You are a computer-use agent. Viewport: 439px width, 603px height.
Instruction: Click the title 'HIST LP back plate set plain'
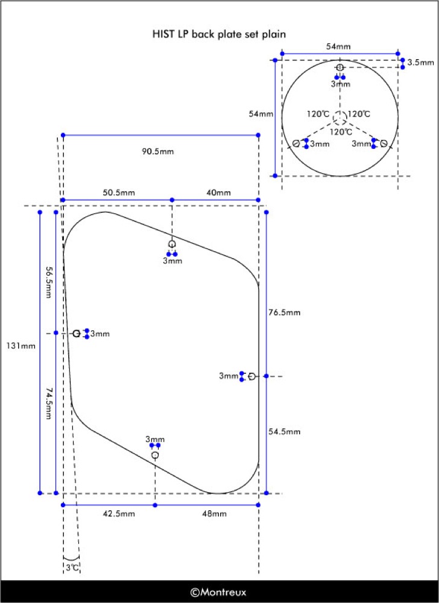[219, 34]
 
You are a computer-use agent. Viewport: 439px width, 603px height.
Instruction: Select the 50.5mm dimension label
[118, 192]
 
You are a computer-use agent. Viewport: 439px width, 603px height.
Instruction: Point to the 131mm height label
[18, 346]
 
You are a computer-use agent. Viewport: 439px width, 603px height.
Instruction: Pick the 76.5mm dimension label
[283, 312]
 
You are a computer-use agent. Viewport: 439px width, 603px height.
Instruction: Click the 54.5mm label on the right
[283, 432]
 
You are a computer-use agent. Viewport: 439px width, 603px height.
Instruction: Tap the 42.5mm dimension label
[118, 514]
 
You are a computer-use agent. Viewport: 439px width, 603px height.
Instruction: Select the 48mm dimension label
[214, 514]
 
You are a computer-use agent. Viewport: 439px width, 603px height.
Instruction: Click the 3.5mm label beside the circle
[420, 62]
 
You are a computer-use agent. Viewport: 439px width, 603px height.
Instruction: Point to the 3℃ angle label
[72, 567]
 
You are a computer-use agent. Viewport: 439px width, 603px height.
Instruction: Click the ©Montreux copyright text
[219, 592]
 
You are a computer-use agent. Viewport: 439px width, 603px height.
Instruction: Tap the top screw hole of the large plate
[172, 244]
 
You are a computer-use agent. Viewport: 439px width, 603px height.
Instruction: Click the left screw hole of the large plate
[77, 333]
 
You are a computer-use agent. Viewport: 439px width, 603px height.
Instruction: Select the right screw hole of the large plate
[252, 376]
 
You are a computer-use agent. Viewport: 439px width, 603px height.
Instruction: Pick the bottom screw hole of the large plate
[155, 455]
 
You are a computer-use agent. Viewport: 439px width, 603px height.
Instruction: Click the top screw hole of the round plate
[340, 67]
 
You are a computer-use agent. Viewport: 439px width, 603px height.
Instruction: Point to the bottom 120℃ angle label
[341, 131]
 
